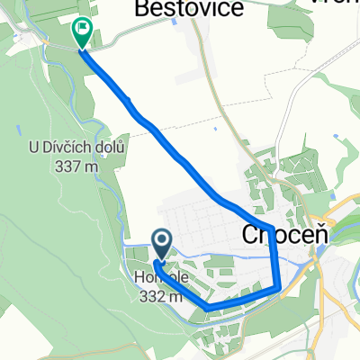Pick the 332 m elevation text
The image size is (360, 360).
pyautogui.click(x=162, y=295)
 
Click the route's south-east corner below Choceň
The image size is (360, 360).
pyautogui.click(x=279, y=289)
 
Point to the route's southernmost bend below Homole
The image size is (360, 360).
pyautogui.click(x=210, y=308)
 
